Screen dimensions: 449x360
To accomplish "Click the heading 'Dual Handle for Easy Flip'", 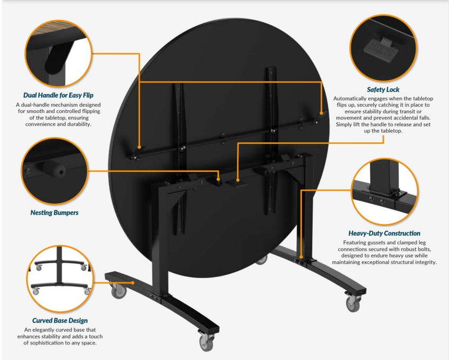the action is [x=59, y=95].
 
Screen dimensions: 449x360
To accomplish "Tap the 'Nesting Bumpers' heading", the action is [x=54, y=213].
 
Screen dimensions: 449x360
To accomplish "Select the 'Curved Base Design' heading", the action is [x=60, y=320].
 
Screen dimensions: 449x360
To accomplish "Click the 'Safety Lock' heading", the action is [x=383, y=90].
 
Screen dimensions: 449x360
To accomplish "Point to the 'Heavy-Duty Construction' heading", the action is [x=384, y=233].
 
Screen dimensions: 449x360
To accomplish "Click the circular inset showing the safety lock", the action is [x=383, y=48].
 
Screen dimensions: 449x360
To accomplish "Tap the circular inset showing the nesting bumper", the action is [x=54, y=171].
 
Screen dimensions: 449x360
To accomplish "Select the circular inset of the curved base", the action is [x=60, y=279].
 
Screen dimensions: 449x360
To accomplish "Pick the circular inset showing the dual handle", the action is [x=59, y=53].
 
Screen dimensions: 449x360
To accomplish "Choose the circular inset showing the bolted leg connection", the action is [x=384, y=191].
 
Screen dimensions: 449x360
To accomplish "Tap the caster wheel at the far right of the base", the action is [x=353, y=303].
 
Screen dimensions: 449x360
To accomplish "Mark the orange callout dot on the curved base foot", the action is [x=133, y=283].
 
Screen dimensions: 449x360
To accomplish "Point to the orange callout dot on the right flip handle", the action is [x=321, y=113].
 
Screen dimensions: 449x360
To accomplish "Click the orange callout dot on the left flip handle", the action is [x=139, y=147].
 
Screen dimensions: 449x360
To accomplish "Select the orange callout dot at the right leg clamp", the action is [x=301, y=257].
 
